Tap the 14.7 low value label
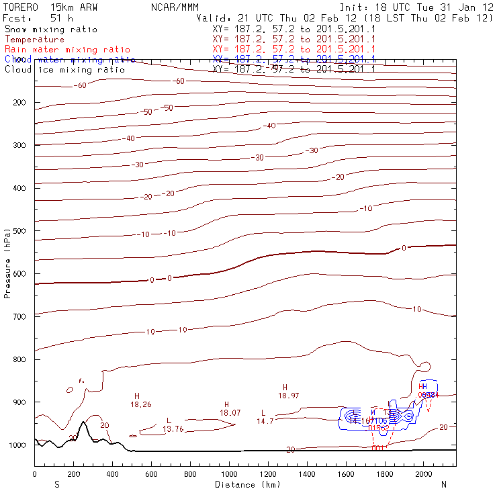point(265,421)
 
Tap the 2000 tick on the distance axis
point(424,474)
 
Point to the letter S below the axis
point(56,484)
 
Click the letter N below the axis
point(443,484)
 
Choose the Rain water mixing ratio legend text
point(67,50)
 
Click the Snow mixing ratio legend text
point(51,30)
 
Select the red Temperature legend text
point(34,40)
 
